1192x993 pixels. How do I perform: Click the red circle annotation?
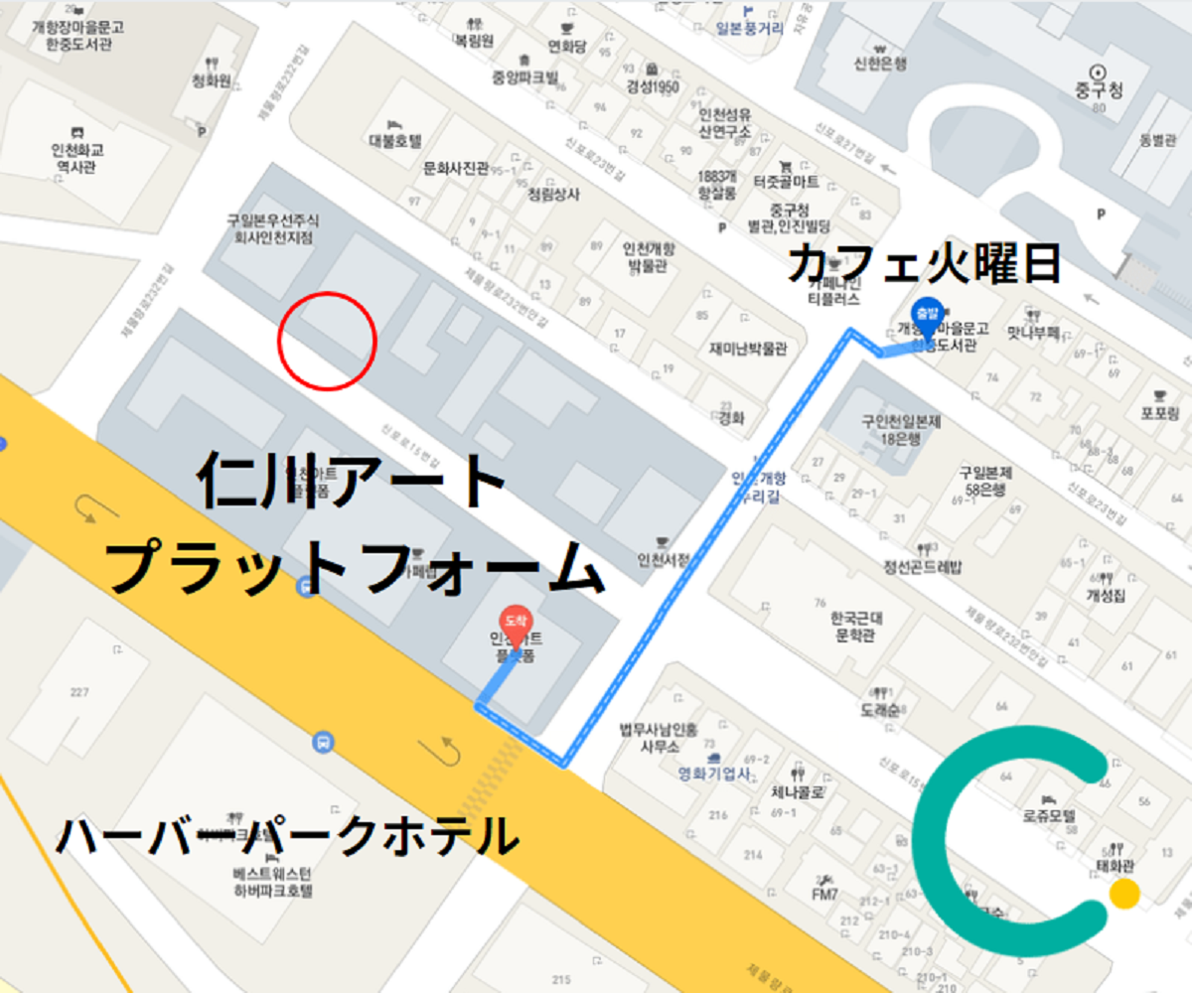click(327, 341)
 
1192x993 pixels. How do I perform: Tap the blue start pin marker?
click(926, 313)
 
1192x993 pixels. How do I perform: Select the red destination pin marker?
click(515, 621)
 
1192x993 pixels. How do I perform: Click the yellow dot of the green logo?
click(1123, 894)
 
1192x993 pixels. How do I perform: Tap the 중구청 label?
click(1099, 90)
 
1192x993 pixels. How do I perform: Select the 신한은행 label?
click(880, 64)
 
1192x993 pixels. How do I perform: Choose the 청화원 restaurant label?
click(212, 80)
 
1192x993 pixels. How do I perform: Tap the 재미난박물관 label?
click(748, 349)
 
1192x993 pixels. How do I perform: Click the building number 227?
click(78, 691)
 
